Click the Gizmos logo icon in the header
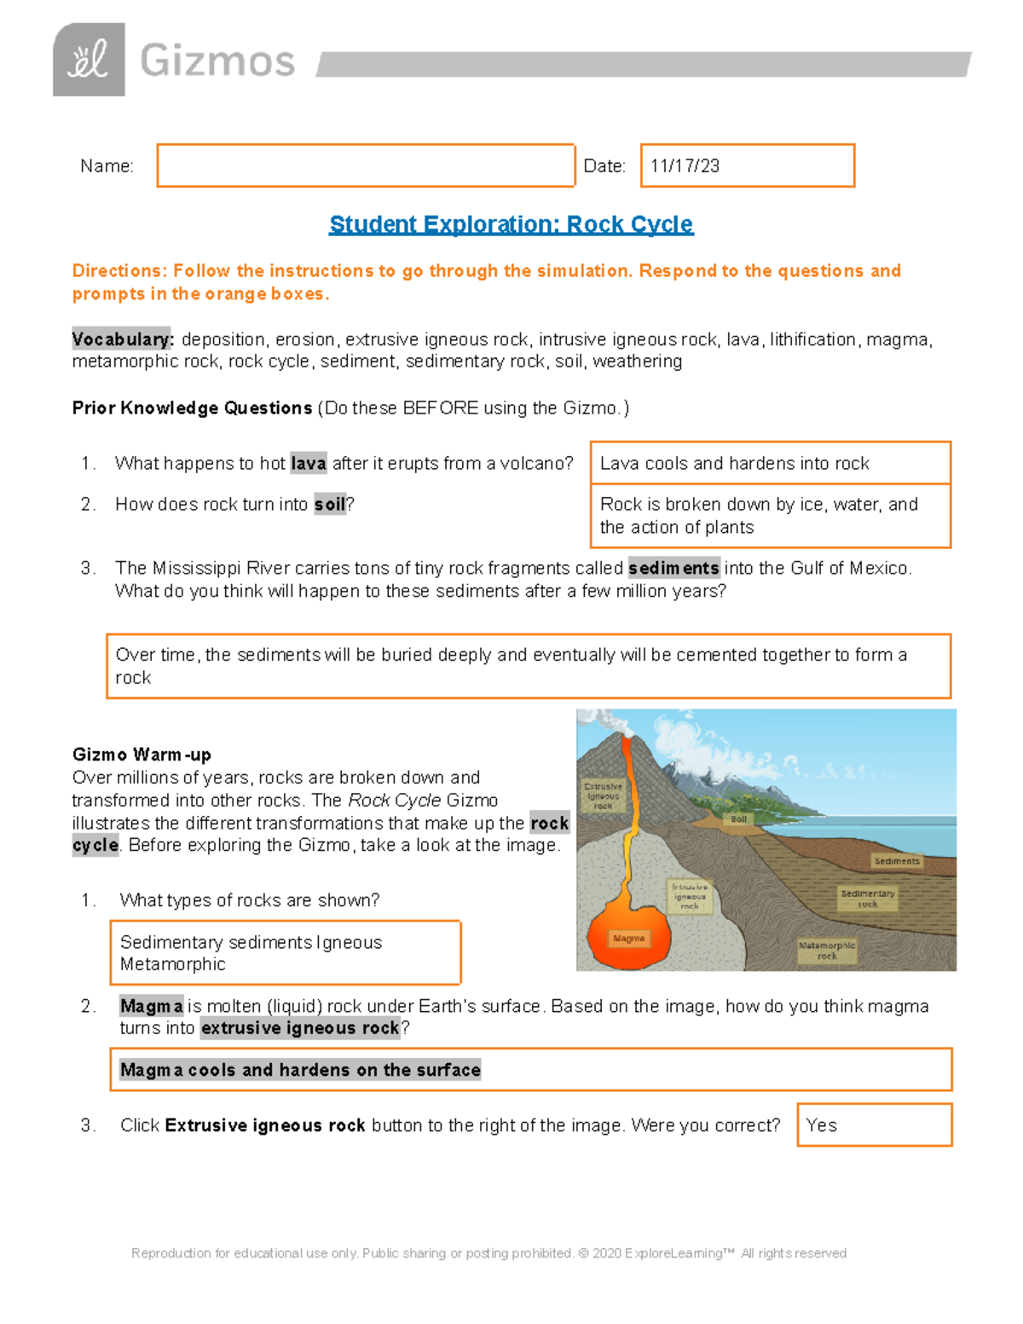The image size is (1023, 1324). pyautogui.click(x=89, y=60)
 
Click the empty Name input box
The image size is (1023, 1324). pyautogui.click(x=366, y=165)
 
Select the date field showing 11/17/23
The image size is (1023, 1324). pyautogui.click(x=747, y=165)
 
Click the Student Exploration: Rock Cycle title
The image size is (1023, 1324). pyautogui.click(x=511, y=224)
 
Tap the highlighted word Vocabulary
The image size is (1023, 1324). pyautogui.click(x=122, y=339)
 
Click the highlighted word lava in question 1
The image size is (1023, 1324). pyautogui.click(x=308, y=464)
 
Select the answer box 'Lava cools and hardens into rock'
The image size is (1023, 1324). pyautogui.click(x=770, y=463)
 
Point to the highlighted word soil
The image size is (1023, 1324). pyautogui.click(x=329, y=505)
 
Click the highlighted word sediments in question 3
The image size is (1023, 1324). pyautogui.click(x=673, y=568)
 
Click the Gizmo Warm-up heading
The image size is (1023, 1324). pyautogui.click(x=142, y=755)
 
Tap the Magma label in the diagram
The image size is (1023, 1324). pyautogui.click(x=629, y=938)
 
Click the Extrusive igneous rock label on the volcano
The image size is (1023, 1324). pyautogui.click(x=603, y=795)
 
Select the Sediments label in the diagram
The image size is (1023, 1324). pyautogui.click(x=897, y=861)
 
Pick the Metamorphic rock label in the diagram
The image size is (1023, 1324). pyautogui.click(x=826, y=951)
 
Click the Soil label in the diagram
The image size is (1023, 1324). pyautogui.click(x=738, y=819)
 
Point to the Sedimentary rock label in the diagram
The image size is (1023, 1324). pyautogui.click(x=867, y=899)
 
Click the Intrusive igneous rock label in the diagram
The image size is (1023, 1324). pyautogui.click(x=690, y=896)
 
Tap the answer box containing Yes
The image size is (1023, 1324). pyautogui.click(x=874, y=1125)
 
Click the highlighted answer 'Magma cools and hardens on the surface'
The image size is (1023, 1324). pyautogui.click(x=300, y=1070)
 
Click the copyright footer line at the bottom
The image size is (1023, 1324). pyautogui.click(x=488, y=1253)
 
